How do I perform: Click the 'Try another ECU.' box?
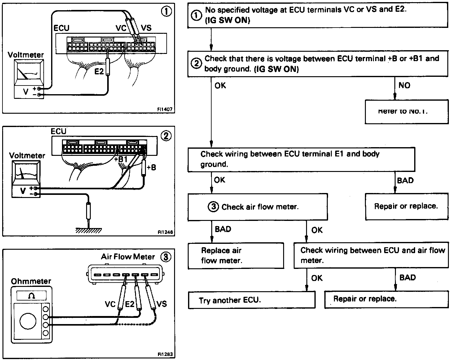coord(252,300)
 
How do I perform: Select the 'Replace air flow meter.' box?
coord(235,256)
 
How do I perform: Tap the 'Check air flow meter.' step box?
coord(257,207)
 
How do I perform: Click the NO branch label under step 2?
coord(404,85)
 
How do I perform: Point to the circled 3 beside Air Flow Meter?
coord(166,257)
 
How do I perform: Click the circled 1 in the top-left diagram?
coord(166,12)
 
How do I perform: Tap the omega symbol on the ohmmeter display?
coord(31,296)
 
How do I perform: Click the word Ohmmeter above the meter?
coord(31,281)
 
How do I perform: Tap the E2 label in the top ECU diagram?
coord(99,72)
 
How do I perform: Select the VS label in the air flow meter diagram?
coord(161,304)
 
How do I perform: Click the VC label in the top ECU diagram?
coord(121,28)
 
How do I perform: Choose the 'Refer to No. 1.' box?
coord(406,112)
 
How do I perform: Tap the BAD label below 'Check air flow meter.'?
coord(223,229)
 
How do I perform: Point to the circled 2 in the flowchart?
coord(196,64)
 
